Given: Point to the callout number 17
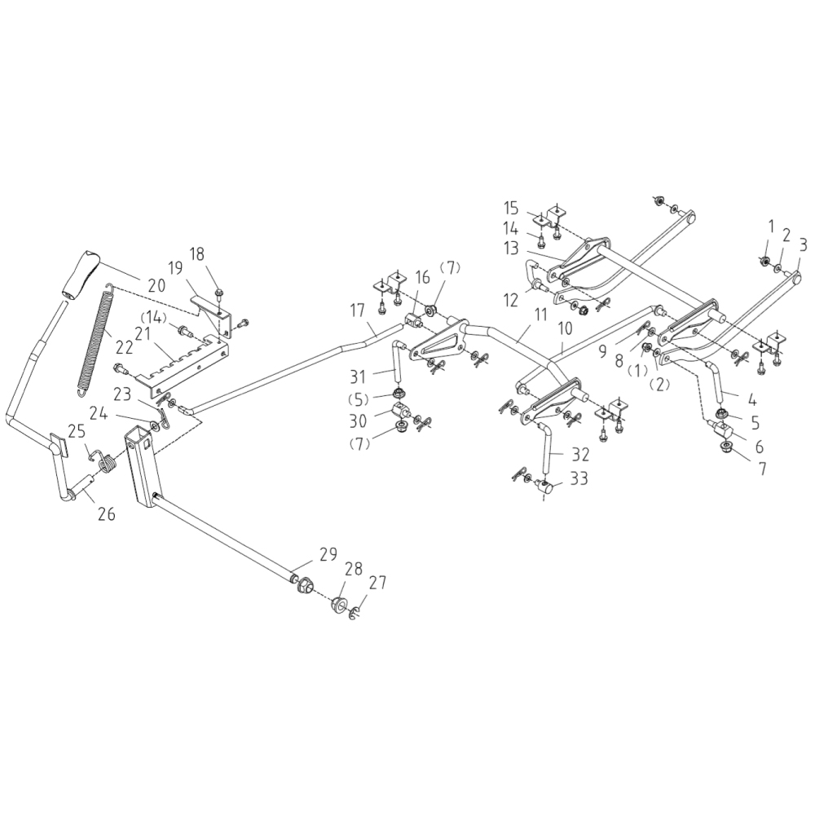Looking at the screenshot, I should [358, 310].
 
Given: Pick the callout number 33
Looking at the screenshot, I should [579, 479].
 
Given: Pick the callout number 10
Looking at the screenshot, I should [566, 328].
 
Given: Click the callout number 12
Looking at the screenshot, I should [511, 300].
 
